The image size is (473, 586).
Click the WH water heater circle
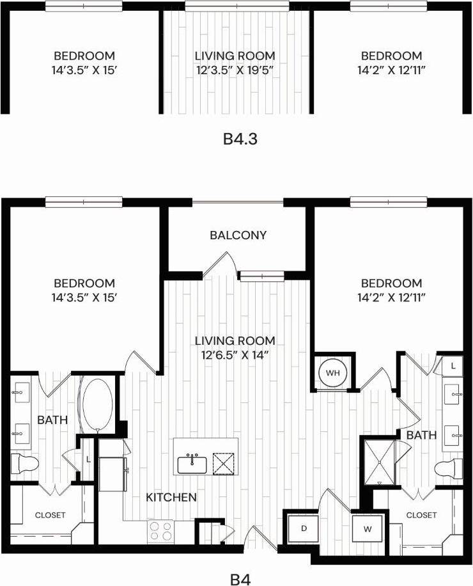pos(332,372)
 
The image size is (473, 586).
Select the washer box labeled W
pos(369,529)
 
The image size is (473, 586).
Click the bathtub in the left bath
pos(96,406)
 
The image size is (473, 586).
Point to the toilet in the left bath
pos(25,463)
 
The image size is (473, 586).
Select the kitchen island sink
pos(191,463)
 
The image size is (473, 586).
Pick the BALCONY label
pos(238,235)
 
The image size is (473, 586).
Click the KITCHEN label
pos(171,497)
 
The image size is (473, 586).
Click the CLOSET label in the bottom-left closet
pos(50,515)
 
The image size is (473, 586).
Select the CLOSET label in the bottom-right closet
pos(422,515)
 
